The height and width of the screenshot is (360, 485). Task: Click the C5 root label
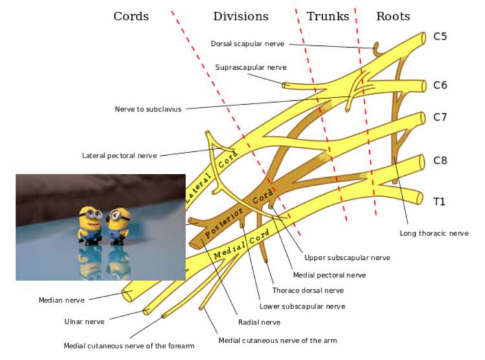440,36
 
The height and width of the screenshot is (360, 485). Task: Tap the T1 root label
439,202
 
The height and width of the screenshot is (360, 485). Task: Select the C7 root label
440,117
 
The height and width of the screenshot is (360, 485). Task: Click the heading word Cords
131,16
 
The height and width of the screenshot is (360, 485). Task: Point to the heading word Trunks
328,16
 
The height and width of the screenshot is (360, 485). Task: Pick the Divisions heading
241,16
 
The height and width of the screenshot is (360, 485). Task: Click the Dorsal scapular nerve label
248,43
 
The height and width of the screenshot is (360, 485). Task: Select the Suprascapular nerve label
251,67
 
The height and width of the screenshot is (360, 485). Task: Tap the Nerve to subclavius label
148,109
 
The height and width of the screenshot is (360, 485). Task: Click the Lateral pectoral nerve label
120,155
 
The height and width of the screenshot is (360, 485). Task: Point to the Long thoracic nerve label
435,233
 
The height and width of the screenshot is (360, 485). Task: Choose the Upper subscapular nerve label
347,258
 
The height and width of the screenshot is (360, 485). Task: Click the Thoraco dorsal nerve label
308,290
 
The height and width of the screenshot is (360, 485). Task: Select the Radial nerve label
259,323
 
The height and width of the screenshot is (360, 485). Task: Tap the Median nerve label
61,300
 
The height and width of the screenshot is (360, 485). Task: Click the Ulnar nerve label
85,322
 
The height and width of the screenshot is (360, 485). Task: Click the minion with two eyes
90,226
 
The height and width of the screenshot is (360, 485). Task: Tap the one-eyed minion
119,226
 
